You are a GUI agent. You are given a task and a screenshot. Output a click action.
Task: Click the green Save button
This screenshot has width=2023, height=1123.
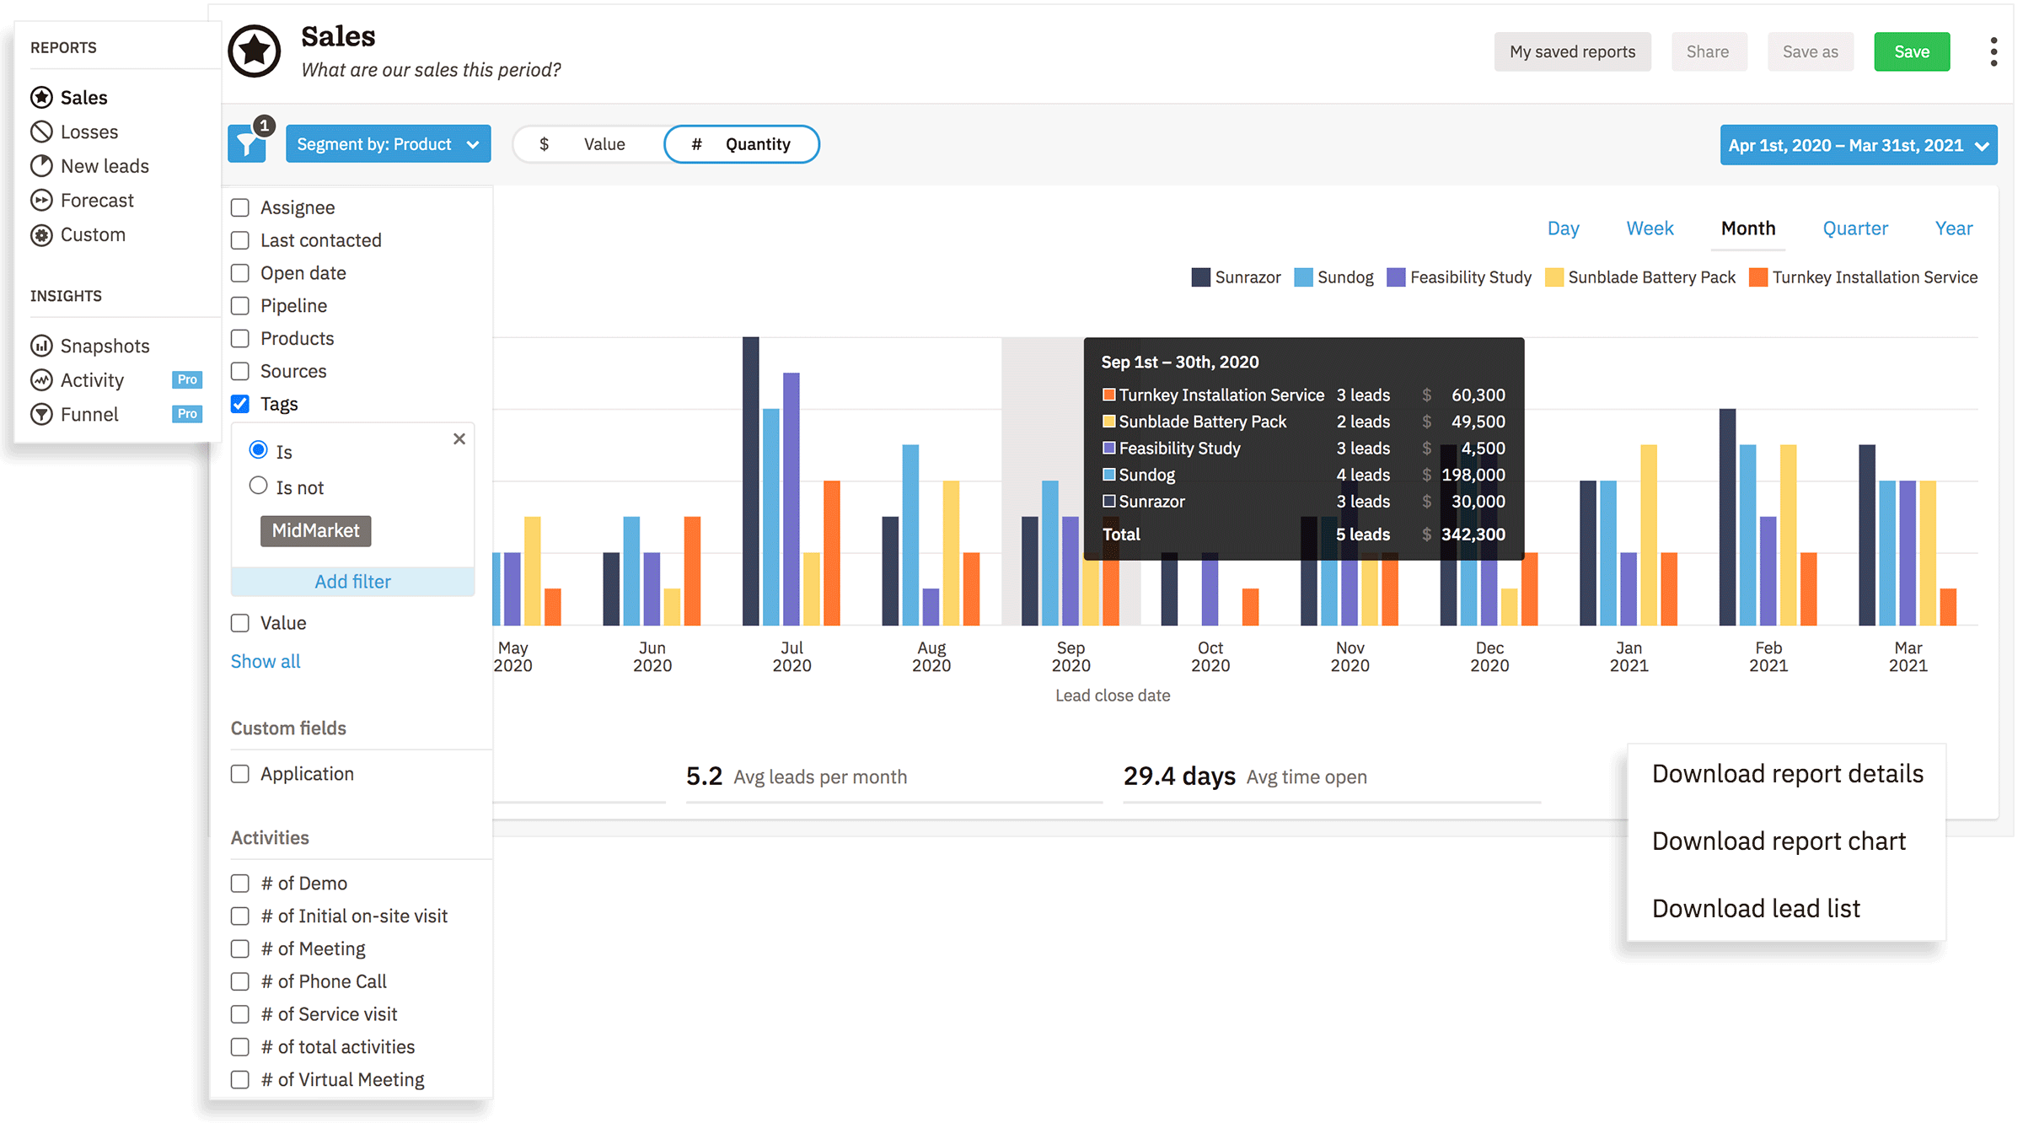point(1911,52)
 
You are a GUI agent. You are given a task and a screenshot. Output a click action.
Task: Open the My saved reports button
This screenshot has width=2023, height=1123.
point(1572,52)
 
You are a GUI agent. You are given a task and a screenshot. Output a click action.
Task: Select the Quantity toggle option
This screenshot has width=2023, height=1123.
point(741,144)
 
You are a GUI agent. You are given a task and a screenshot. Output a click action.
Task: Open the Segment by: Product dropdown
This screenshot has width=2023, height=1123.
point(388,144)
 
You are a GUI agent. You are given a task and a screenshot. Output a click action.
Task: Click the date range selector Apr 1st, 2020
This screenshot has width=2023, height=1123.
point(1858,145)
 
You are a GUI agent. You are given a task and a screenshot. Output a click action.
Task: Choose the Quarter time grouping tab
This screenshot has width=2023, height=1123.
point(1854,228)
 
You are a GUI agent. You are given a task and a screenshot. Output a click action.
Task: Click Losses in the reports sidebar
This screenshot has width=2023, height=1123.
point(89,132)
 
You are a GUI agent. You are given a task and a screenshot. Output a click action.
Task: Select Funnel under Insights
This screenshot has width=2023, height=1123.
point(89,415)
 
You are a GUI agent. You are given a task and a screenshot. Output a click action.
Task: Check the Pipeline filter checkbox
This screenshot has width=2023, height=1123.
point(240,306)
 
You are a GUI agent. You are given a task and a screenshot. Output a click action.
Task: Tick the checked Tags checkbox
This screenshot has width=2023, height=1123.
point(240,404)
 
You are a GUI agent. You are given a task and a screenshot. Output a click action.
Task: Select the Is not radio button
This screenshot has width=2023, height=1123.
point(259,486)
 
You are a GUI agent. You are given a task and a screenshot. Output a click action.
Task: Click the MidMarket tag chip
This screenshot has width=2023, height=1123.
point(315,531)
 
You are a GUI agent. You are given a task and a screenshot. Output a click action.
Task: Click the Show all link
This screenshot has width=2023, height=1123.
point(266,662)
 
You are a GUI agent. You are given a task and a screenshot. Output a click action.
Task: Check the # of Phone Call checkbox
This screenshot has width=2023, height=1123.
point(240,982)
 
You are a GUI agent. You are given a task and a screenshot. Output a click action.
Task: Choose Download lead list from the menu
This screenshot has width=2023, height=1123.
point(1755,909)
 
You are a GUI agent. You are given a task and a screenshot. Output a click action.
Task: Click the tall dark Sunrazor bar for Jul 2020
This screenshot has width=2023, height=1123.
point(750,481)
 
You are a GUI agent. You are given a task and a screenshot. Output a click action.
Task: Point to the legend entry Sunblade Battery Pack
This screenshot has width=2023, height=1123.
point(1640,277)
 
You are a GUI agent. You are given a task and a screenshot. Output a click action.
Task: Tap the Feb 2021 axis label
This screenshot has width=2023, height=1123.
point(1768,657)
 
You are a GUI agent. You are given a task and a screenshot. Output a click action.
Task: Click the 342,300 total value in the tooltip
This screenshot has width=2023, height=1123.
point(1473,535)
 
